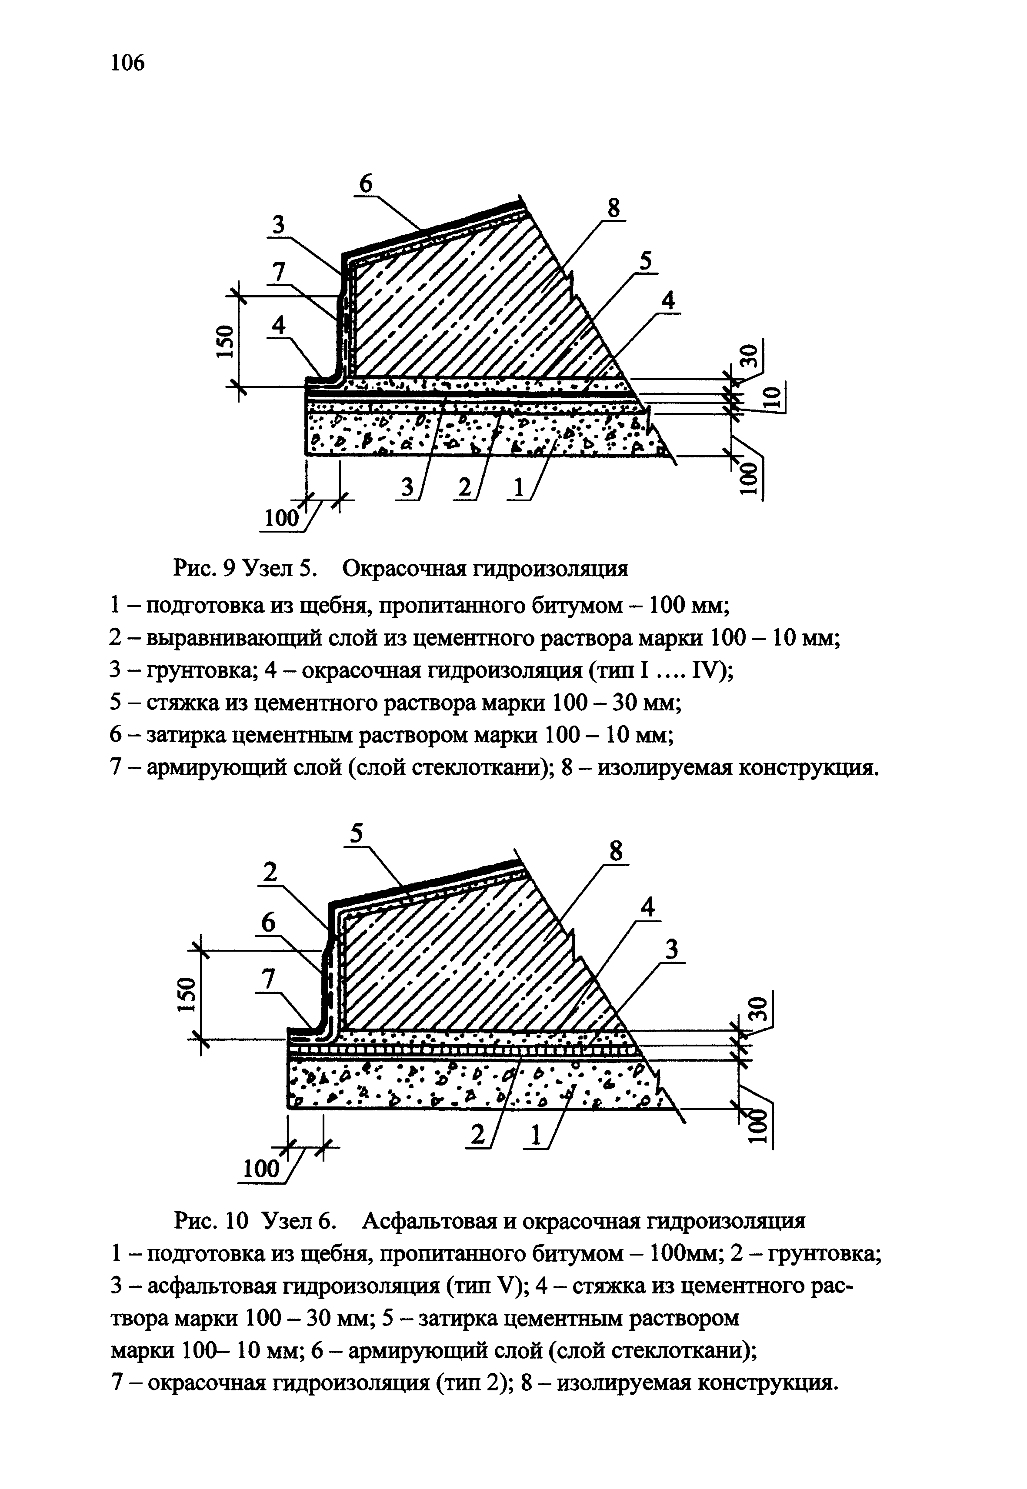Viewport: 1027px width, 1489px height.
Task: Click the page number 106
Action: coord(128,63)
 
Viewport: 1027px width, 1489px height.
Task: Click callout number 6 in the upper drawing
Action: coord(365,184)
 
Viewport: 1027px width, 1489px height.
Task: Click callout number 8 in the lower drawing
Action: coord(616,852)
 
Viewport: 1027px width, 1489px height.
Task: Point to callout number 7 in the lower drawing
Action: coord(268,979)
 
